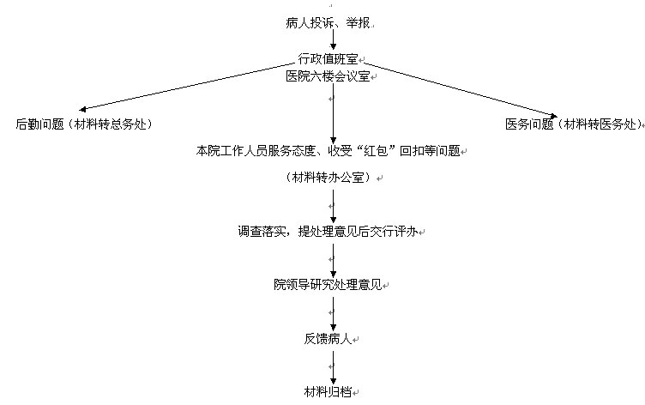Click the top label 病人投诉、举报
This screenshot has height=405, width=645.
[328, 22]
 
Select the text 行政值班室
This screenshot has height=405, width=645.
[328, 59]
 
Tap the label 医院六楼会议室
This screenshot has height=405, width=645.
[328, 76]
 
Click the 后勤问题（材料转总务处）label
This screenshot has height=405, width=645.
[84, 124]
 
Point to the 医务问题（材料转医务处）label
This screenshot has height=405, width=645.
[574, 124]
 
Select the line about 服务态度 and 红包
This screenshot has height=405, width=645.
[328, 151]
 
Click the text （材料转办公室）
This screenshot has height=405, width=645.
[328, 178]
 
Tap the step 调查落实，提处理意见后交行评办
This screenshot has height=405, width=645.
[328, 232]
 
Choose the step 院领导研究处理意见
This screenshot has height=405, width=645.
[328, 284]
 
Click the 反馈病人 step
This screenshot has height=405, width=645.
[328, 339]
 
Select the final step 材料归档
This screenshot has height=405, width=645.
[328, 391]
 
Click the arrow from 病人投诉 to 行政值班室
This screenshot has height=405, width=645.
[333, 40]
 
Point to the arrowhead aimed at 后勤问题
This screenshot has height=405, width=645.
[82, 109]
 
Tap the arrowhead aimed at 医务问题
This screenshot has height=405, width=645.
[554, 116]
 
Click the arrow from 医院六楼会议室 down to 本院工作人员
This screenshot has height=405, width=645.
[333, 113]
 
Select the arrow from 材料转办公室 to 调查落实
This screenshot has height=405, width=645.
[333, 206]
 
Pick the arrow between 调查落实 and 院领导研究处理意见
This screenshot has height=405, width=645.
[333, 261]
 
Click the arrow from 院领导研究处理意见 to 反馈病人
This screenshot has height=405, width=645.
[333, 314]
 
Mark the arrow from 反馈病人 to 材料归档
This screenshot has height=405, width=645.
[333, 367]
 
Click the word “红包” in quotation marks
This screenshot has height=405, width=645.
[376, 151]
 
